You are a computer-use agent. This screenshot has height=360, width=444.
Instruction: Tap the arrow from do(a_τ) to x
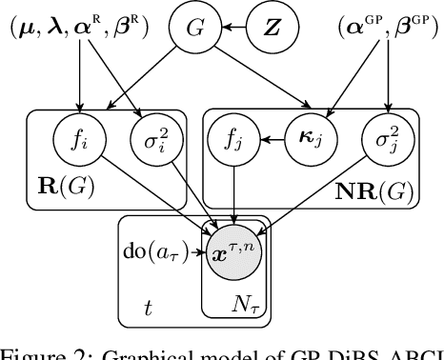tap(197, 253)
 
